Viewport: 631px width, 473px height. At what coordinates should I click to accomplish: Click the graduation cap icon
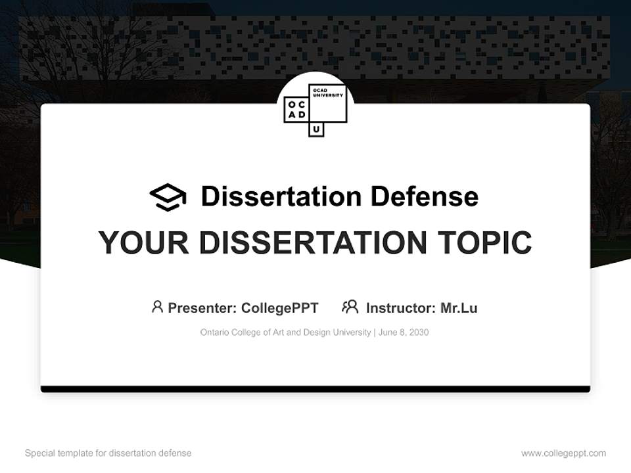[168, 197]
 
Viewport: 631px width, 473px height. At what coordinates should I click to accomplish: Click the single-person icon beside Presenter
[157, 307]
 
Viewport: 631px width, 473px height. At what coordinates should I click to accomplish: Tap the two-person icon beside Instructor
[350, 307]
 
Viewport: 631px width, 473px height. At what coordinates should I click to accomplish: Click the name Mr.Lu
[459, 308]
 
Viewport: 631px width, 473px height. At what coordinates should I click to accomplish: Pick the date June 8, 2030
[404, 332]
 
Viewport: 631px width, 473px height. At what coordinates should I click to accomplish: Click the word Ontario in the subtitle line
[215, 332]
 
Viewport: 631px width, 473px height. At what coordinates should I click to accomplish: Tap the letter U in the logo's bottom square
[316, 129]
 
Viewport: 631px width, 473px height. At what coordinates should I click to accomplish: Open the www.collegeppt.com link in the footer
[563, 453]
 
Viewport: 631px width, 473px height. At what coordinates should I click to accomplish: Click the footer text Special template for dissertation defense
[108, 453]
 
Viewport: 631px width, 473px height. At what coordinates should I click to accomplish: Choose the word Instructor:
[400, 308]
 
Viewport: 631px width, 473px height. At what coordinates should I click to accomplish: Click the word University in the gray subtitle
[352, 332]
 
